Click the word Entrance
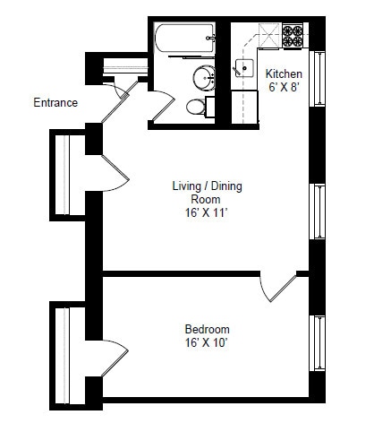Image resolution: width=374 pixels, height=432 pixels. [x=55, y=102]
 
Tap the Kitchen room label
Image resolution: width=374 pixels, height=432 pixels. [x=284, y=73]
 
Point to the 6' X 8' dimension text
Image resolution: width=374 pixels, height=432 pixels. [x=284, y=87]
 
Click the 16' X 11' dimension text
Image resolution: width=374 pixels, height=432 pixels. [x=208, y=214]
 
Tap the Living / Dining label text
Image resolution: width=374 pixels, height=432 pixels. [x=208, y=186]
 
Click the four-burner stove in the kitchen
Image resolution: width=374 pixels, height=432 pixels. [x=293, y=36]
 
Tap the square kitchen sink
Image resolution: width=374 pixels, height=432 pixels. [x=246, y=68]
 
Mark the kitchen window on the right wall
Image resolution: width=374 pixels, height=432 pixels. [x=317, y=79]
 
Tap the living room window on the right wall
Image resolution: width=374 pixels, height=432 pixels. [x=317, y=212]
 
